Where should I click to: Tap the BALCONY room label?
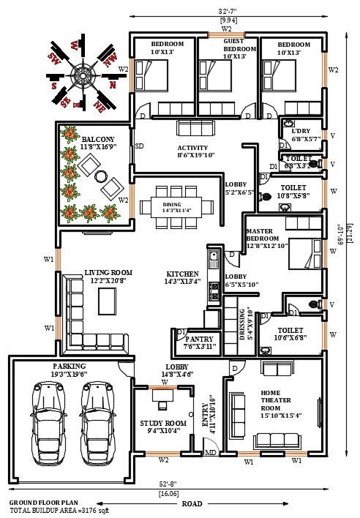97,138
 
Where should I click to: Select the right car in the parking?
97,420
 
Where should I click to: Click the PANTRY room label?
199,339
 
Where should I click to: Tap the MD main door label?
210,452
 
